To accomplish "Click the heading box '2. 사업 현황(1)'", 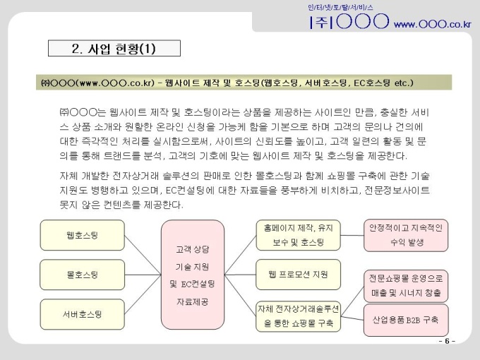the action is click(x=114, y=49).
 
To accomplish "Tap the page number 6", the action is click(x=447, y=341).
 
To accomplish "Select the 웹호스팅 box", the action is click(x=83, y=235).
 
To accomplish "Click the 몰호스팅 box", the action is click(x=83, y=275).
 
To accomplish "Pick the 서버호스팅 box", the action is click(x=83, y=314).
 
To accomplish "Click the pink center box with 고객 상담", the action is click(x=193, y=275).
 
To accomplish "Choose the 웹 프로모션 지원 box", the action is click(x=298, y=275).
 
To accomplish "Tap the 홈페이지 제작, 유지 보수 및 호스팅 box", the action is click(x=298, y=235).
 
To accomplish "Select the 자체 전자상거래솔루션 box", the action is click(x=298, y=316).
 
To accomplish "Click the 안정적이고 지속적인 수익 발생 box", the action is click(x=406, y=235).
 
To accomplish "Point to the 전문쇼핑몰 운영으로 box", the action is click(x=406, y=286).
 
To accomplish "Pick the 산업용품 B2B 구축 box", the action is click(x=406, y=320).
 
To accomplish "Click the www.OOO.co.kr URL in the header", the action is click(x=432, y=24).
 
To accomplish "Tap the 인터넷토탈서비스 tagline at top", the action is click(x=340, y=7).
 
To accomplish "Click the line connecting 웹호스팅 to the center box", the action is click(x=143, y=255).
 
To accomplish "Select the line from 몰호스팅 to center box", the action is click(x=143, y=275).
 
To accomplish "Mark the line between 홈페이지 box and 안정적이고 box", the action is click(x=352, y=235).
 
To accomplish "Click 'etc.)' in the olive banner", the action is click(x=404, y=83).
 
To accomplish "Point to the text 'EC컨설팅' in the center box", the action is click(x=198, y=284).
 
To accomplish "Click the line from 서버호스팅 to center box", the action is click(x=143, y=294).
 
